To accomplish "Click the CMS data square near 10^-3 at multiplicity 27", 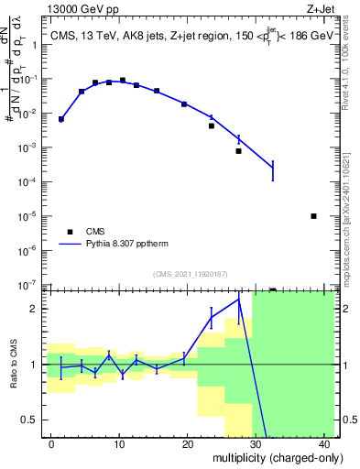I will tap(238, 151).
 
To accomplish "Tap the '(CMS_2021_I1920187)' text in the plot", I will tap(190, 273).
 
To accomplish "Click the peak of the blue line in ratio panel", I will tap(239, 299).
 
